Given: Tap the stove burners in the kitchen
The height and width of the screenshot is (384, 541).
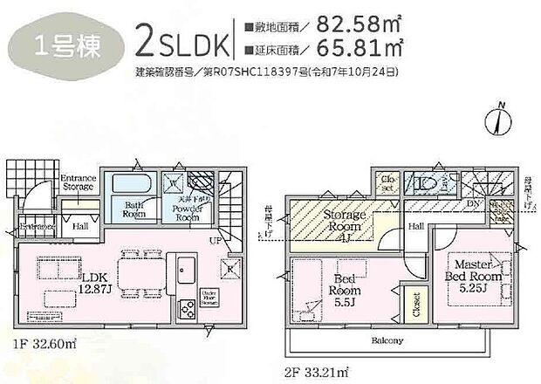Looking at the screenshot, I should pos(188,307).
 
